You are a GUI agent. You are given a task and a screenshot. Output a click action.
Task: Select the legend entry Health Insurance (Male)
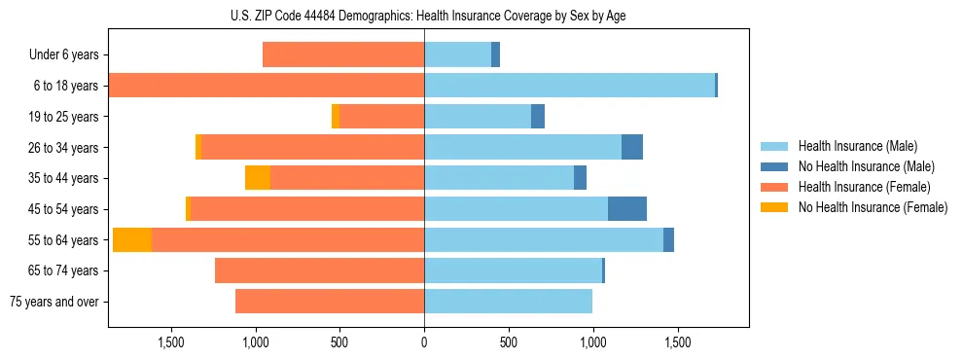tap(857, 146)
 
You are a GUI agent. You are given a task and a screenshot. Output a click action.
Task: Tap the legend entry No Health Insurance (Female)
tap(873, 207)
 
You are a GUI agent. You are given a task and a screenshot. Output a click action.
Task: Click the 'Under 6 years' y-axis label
tap(63, 55)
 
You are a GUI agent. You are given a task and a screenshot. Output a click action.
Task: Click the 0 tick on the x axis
tap(424, 343)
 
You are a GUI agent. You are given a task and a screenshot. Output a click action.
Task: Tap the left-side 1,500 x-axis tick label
tap(170, 343)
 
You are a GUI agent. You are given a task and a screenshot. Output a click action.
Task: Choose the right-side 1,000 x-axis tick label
tap(592, 343)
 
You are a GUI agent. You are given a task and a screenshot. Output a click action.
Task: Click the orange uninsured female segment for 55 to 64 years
tap(132, 240)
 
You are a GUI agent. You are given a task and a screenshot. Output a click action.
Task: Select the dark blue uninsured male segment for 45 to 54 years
tap(627, 209)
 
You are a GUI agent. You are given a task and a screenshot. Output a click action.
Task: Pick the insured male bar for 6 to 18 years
tap(569, 86)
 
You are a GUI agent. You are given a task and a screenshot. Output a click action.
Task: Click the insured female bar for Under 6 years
tap(343, 55)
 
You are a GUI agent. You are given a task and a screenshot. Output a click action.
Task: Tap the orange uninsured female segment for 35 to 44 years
tap(258, 178)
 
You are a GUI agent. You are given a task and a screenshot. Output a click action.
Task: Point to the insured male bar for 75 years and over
tap(508, 302)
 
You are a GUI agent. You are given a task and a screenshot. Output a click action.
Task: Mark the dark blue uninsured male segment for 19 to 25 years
tap(538, 117)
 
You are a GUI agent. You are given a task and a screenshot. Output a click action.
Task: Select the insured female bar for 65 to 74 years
tap(319, 270)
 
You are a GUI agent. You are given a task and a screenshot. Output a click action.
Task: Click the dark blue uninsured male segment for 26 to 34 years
tap(632, 147)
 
